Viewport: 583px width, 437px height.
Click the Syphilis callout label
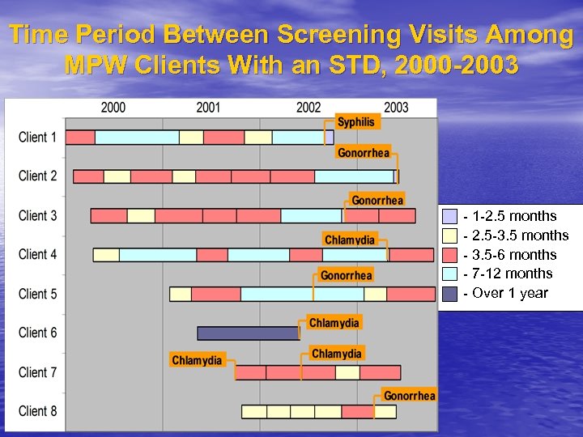356,121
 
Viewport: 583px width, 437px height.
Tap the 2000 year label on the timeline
113,108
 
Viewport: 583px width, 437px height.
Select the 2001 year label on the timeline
208,108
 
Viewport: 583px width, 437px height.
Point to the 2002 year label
309,108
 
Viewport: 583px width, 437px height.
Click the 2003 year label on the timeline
396,108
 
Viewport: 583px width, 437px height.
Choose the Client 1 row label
38,137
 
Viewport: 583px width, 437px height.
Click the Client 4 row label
38,254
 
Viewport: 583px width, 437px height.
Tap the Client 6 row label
38,333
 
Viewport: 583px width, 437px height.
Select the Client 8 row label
38,411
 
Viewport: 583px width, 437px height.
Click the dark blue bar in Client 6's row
249,333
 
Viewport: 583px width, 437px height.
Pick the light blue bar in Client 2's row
354,176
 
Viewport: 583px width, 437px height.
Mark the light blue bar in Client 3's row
311,215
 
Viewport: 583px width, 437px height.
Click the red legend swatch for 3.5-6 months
450,254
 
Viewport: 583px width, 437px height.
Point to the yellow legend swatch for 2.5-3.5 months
450,235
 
